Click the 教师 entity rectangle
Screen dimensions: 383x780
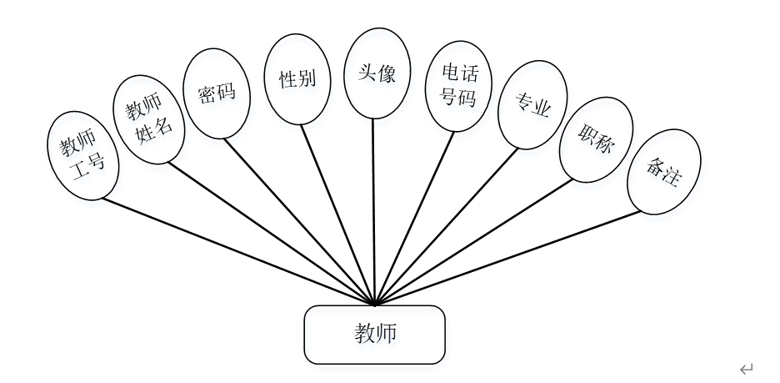[x=374, y=335]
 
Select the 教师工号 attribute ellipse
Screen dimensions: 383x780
[x=82, y=154]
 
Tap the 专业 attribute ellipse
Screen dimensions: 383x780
[x=532, y=103]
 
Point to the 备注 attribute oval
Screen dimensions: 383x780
[x=664, y=170]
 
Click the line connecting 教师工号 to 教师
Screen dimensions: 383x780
[x=237, y=251]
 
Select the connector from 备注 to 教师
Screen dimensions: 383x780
[x=508, y=256]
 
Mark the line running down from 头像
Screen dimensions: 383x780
[x=375, y=209]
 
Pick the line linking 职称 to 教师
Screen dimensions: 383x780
[x=475, y=242]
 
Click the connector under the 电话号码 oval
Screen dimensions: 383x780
[x=415, y=217]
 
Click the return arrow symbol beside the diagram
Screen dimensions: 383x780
[x=747, y=368]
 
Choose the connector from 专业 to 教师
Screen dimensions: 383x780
[x=446, y=227]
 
